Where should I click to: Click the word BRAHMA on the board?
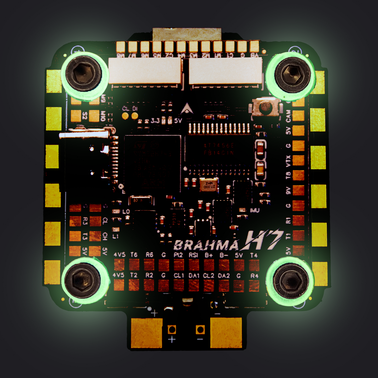coord(206,245)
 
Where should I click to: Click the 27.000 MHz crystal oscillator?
coord(208,185)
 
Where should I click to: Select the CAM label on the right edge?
coord(288,116)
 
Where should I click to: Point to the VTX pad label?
coord(288,161)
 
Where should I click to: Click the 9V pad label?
coord(288,190)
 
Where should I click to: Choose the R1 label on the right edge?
coord(288,220)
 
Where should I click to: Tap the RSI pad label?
coord(194,255)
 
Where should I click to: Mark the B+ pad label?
coord(209,255)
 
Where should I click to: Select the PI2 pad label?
coord(178,255)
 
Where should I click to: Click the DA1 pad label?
coord(194,275)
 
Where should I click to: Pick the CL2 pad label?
coord(209,275)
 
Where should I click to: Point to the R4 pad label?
coord(254,275)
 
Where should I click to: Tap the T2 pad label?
coord(134,275)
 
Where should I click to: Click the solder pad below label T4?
coord(254,265)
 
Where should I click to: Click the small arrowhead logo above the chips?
coord(187,108)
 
